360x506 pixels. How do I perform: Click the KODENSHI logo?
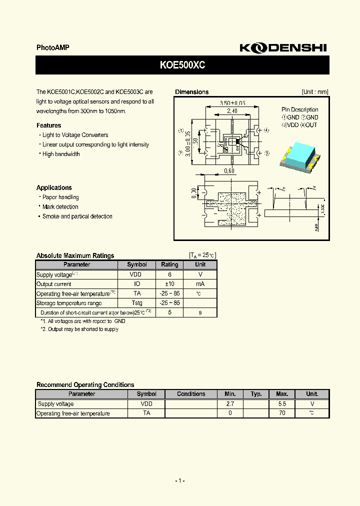click(282, 47)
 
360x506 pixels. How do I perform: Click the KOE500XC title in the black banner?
click(182, 65)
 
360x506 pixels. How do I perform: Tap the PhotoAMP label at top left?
click(53, 47)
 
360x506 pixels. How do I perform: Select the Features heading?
click(49, 125)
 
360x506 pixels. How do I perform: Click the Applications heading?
click(54, 187)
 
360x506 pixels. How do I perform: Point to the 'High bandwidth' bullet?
click(61, 154)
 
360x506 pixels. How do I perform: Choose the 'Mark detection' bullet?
click(60, 207)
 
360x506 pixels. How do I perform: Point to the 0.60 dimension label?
click(229, 171)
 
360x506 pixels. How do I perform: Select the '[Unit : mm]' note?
click(315, 92)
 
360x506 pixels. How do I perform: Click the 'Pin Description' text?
click(299, 109)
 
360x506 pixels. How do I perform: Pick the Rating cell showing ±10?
click(169, 284)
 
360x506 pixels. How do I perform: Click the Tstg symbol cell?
click(137, 303)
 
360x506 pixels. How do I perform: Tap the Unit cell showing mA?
click(200, 284)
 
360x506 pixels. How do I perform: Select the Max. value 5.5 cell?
click(282, 403)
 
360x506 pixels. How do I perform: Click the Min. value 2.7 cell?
click(230, 403)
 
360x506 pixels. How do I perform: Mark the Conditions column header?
click(191, 394)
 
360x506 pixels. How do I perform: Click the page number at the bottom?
click(180, 480)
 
